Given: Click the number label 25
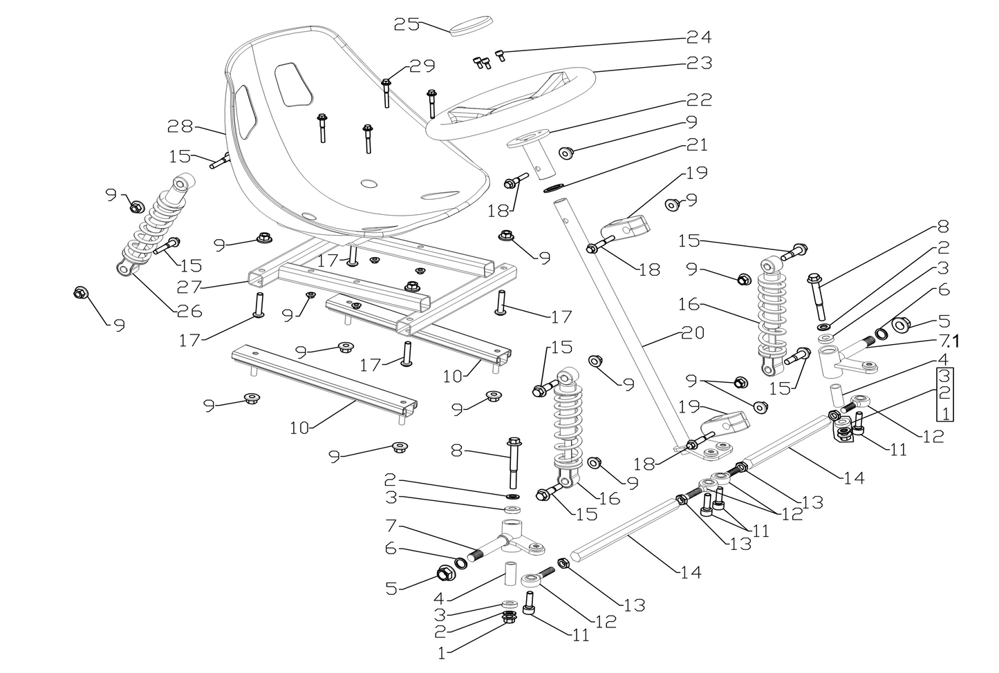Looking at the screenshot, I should (407, 24).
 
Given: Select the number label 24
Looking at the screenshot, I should (698, 37).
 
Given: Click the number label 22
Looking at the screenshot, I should (698, 99).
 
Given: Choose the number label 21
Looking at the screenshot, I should (698, 144).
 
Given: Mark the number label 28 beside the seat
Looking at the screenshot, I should (180, 126).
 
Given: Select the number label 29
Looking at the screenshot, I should (422, 66).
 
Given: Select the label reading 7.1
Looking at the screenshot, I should (949, 341).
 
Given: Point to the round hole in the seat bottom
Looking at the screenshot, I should (368, 184).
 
